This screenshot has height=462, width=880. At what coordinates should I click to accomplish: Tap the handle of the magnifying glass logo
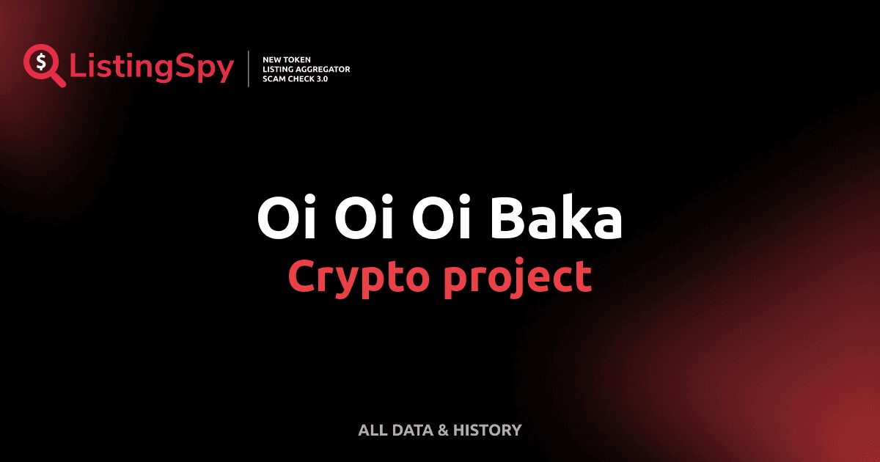58,79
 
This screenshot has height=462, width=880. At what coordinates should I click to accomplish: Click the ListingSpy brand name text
152,67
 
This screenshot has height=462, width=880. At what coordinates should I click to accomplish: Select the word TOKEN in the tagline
296,59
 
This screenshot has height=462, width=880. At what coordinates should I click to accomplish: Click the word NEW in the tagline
271,59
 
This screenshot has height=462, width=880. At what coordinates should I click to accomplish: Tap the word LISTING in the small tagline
278,69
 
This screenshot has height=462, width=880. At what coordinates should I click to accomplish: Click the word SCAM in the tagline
273,78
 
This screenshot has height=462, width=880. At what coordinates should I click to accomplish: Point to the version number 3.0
320,78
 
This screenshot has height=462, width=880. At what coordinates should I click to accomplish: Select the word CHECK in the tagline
299,78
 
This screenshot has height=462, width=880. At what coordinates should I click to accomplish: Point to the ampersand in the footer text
443,430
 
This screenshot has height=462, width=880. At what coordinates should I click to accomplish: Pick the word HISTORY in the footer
487,430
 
